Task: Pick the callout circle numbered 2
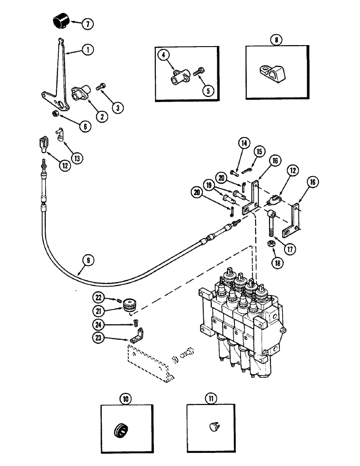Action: [100, 117]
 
